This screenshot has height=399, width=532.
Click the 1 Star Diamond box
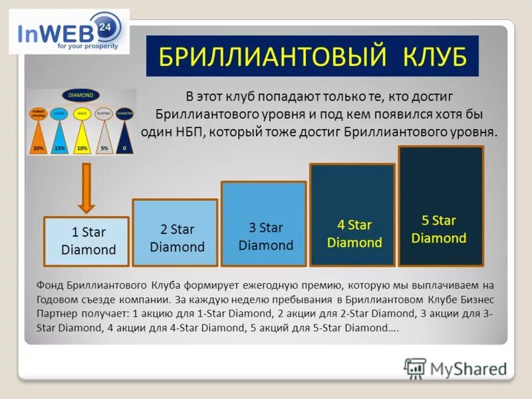click(86, 241)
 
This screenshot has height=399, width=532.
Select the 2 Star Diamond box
click(175, 237)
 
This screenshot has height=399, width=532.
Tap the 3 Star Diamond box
click(263, 236)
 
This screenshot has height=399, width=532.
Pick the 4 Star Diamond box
click(352, 233)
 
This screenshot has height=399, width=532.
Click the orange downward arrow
click(86, 188)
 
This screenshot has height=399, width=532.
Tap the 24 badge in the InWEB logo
click(104, 27)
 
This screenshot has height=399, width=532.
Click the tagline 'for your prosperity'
click(87, 47)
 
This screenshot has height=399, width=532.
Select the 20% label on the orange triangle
click(39, 148)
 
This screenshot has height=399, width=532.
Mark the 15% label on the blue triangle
click(60, 148)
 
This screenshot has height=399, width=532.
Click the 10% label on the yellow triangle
click(82, 148)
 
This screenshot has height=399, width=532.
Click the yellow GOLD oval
click(82, 114)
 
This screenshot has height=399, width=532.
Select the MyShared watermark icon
click(415, 368)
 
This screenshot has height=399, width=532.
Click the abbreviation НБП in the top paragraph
click(188, 130)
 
